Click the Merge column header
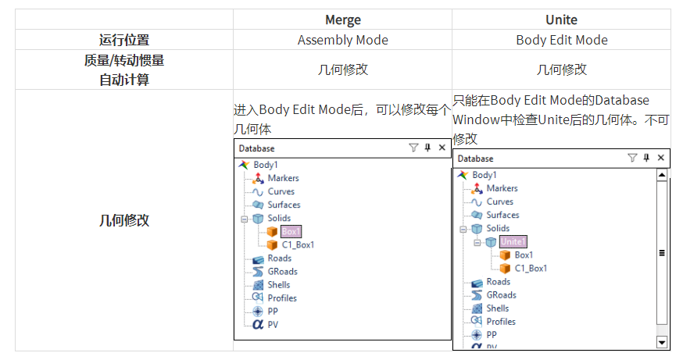point(341,19)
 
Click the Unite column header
point(561,19)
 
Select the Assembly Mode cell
point(342,40)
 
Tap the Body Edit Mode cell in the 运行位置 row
point(561,40)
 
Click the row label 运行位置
point(123,40)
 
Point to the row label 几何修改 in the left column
point(123,220)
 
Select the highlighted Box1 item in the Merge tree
point(291,231)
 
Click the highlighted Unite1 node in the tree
point(513,241)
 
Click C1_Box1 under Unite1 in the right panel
point(531,268)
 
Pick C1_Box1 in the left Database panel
point(298,244)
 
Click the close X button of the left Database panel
point(442,148)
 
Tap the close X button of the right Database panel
point(660,158)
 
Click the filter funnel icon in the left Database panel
point(413,148)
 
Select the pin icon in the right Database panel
point(646,158)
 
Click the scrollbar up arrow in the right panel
point(662,176)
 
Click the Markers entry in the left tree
point(283,178)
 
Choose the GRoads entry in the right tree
point(501,294)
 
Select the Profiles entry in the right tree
point(501,321)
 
